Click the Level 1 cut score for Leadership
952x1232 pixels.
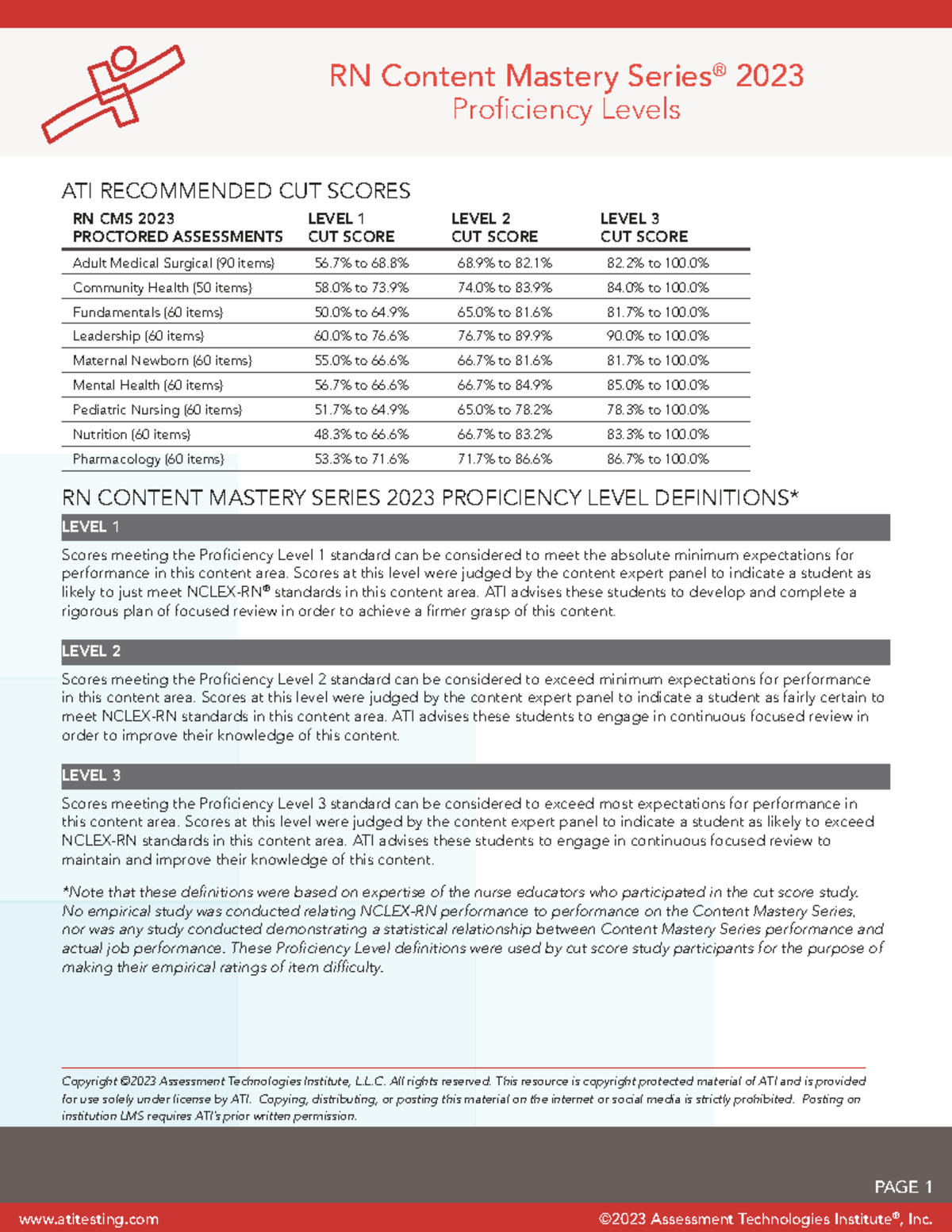point(361,336)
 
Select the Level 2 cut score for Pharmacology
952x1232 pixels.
point(505,459)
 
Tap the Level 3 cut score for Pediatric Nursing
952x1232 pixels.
point(658,410)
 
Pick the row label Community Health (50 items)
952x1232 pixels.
point(162,288)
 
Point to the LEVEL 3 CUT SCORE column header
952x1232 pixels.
point(643,228)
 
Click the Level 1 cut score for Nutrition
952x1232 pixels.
point(361,435)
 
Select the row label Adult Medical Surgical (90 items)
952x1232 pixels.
point(173,263)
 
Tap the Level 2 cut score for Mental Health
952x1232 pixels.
point(505,386)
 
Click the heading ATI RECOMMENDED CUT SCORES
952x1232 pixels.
point(236,191)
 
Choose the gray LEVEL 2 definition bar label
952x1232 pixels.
point(91,651)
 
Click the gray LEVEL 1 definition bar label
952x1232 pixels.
point(90,527)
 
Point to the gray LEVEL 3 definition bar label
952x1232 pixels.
point(91,776)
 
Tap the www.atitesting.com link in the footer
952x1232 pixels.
point(89,1219)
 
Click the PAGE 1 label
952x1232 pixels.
point(903,1187)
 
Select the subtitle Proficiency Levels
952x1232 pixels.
point(566,109)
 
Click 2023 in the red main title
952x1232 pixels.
point(769,76)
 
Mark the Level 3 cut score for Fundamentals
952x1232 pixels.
point(658,313)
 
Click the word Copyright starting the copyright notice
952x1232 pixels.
point(89,1081)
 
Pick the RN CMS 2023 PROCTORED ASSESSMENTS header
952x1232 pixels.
point(177,228)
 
